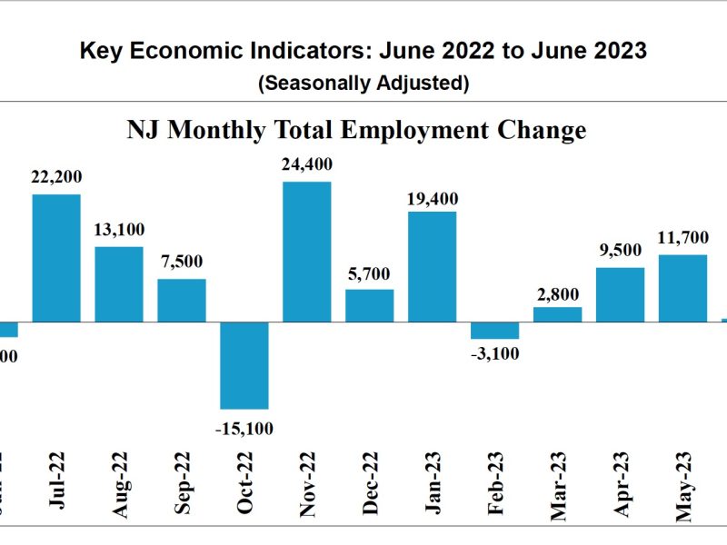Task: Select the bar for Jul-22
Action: (56, 258)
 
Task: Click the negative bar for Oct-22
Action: (244, 365)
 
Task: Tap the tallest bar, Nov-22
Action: (307, 252)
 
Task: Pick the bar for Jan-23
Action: (432, 267)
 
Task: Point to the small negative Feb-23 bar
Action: (494, 331)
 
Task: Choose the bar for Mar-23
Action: (557, 314)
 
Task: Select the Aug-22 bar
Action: (119, 284)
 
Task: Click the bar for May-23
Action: (682, 288)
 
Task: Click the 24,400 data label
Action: (307, 165)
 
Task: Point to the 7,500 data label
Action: (182, 262)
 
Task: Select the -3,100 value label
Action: (494, 354)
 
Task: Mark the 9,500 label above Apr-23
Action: (620, 250)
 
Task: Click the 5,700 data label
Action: (370, 272)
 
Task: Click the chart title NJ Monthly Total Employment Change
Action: (356, 130)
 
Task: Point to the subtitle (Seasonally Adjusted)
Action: (363, 84)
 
